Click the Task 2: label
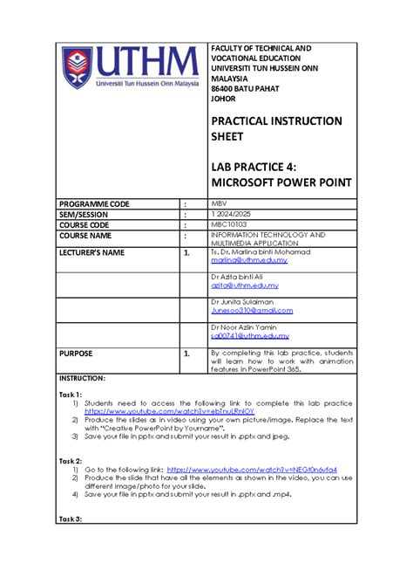(71, 460)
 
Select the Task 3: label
(71, 519)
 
